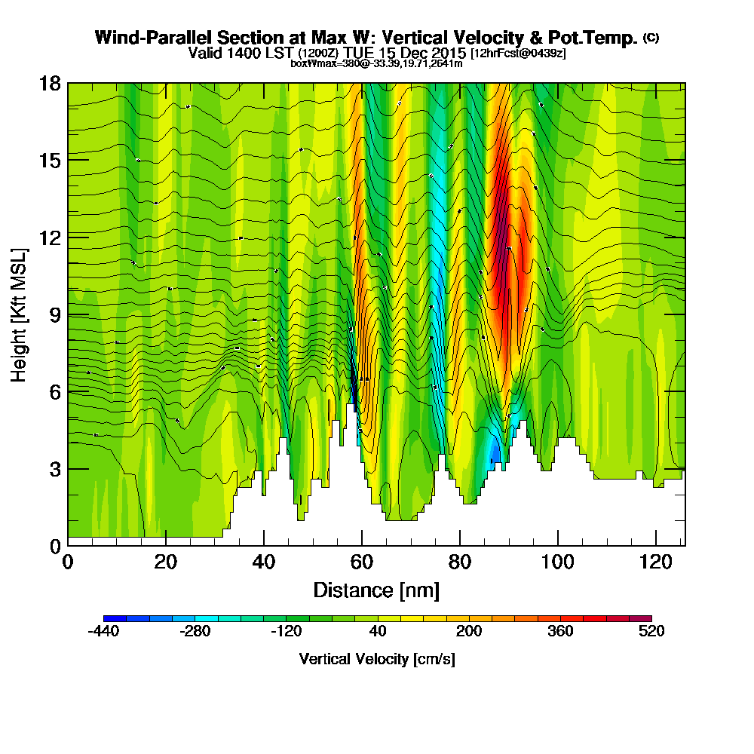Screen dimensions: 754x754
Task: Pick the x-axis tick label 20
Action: point(165,562)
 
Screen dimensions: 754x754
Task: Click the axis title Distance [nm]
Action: point(376,590)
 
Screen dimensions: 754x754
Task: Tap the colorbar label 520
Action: point(651,632)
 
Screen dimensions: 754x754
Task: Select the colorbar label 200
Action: point(468,632)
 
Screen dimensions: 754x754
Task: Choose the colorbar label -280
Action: point(195,632)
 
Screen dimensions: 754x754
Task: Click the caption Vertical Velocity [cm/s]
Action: point(377,659)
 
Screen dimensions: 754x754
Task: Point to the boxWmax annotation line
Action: point(376,63)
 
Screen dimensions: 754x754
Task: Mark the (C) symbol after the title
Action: point(651,37)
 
